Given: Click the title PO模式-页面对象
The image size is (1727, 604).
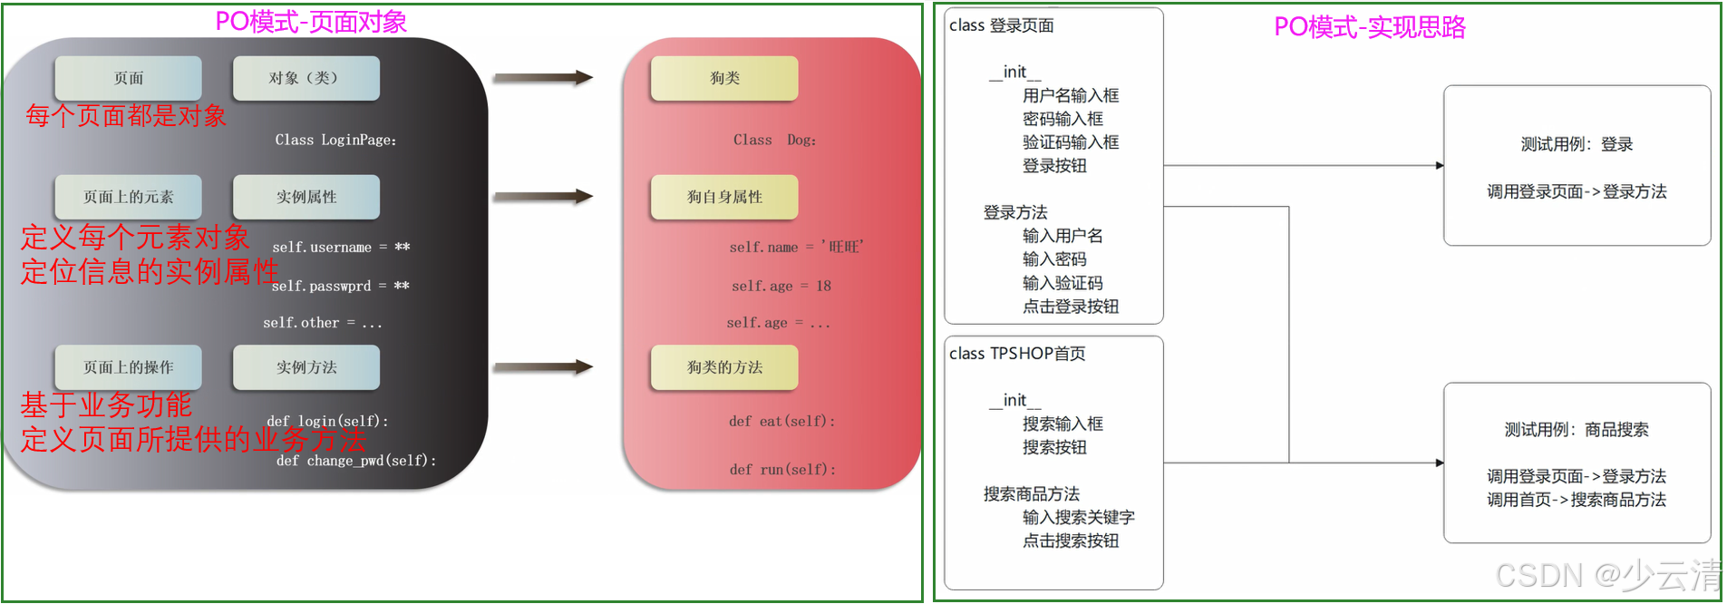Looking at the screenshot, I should point(311,22).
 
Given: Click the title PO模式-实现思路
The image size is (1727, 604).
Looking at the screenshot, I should point(1369,27).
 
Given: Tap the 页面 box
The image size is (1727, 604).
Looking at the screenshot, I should point(128,78).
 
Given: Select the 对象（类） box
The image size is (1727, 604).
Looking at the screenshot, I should point(306,78).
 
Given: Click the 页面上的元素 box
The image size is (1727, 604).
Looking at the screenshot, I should point(128,197).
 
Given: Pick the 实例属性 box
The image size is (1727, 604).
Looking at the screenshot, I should point(306,197).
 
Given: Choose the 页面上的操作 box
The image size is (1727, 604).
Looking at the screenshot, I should point(128,367).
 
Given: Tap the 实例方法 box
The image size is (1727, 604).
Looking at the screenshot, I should point(306,367).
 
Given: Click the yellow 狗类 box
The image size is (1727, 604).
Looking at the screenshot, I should point(724,78).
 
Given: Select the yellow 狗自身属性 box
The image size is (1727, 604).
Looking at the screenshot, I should point(724,197).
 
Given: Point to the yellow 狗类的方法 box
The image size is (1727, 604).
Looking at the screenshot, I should point(724,367).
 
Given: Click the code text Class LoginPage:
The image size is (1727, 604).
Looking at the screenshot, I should point(335,140).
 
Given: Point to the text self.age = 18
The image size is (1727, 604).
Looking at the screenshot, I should point(781,286).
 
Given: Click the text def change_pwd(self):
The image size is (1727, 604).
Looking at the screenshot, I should point(356,461).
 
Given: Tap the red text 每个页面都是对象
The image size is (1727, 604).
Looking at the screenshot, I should point(126,116).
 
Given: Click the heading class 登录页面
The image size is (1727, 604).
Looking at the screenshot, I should point(1001,25).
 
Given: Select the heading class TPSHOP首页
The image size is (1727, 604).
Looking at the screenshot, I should point(1016,354).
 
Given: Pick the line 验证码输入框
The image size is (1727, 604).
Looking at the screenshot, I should point(1070,142).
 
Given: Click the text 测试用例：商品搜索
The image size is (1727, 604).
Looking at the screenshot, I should point(1576,430).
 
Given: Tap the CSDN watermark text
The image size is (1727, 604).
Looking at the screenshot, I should point(1606,576).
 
